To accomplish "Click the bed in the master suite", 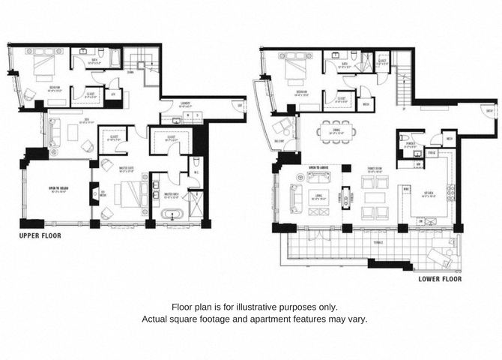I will click(x=120, y=196).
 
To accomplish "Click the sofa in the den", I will click(x=53, y=133).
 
